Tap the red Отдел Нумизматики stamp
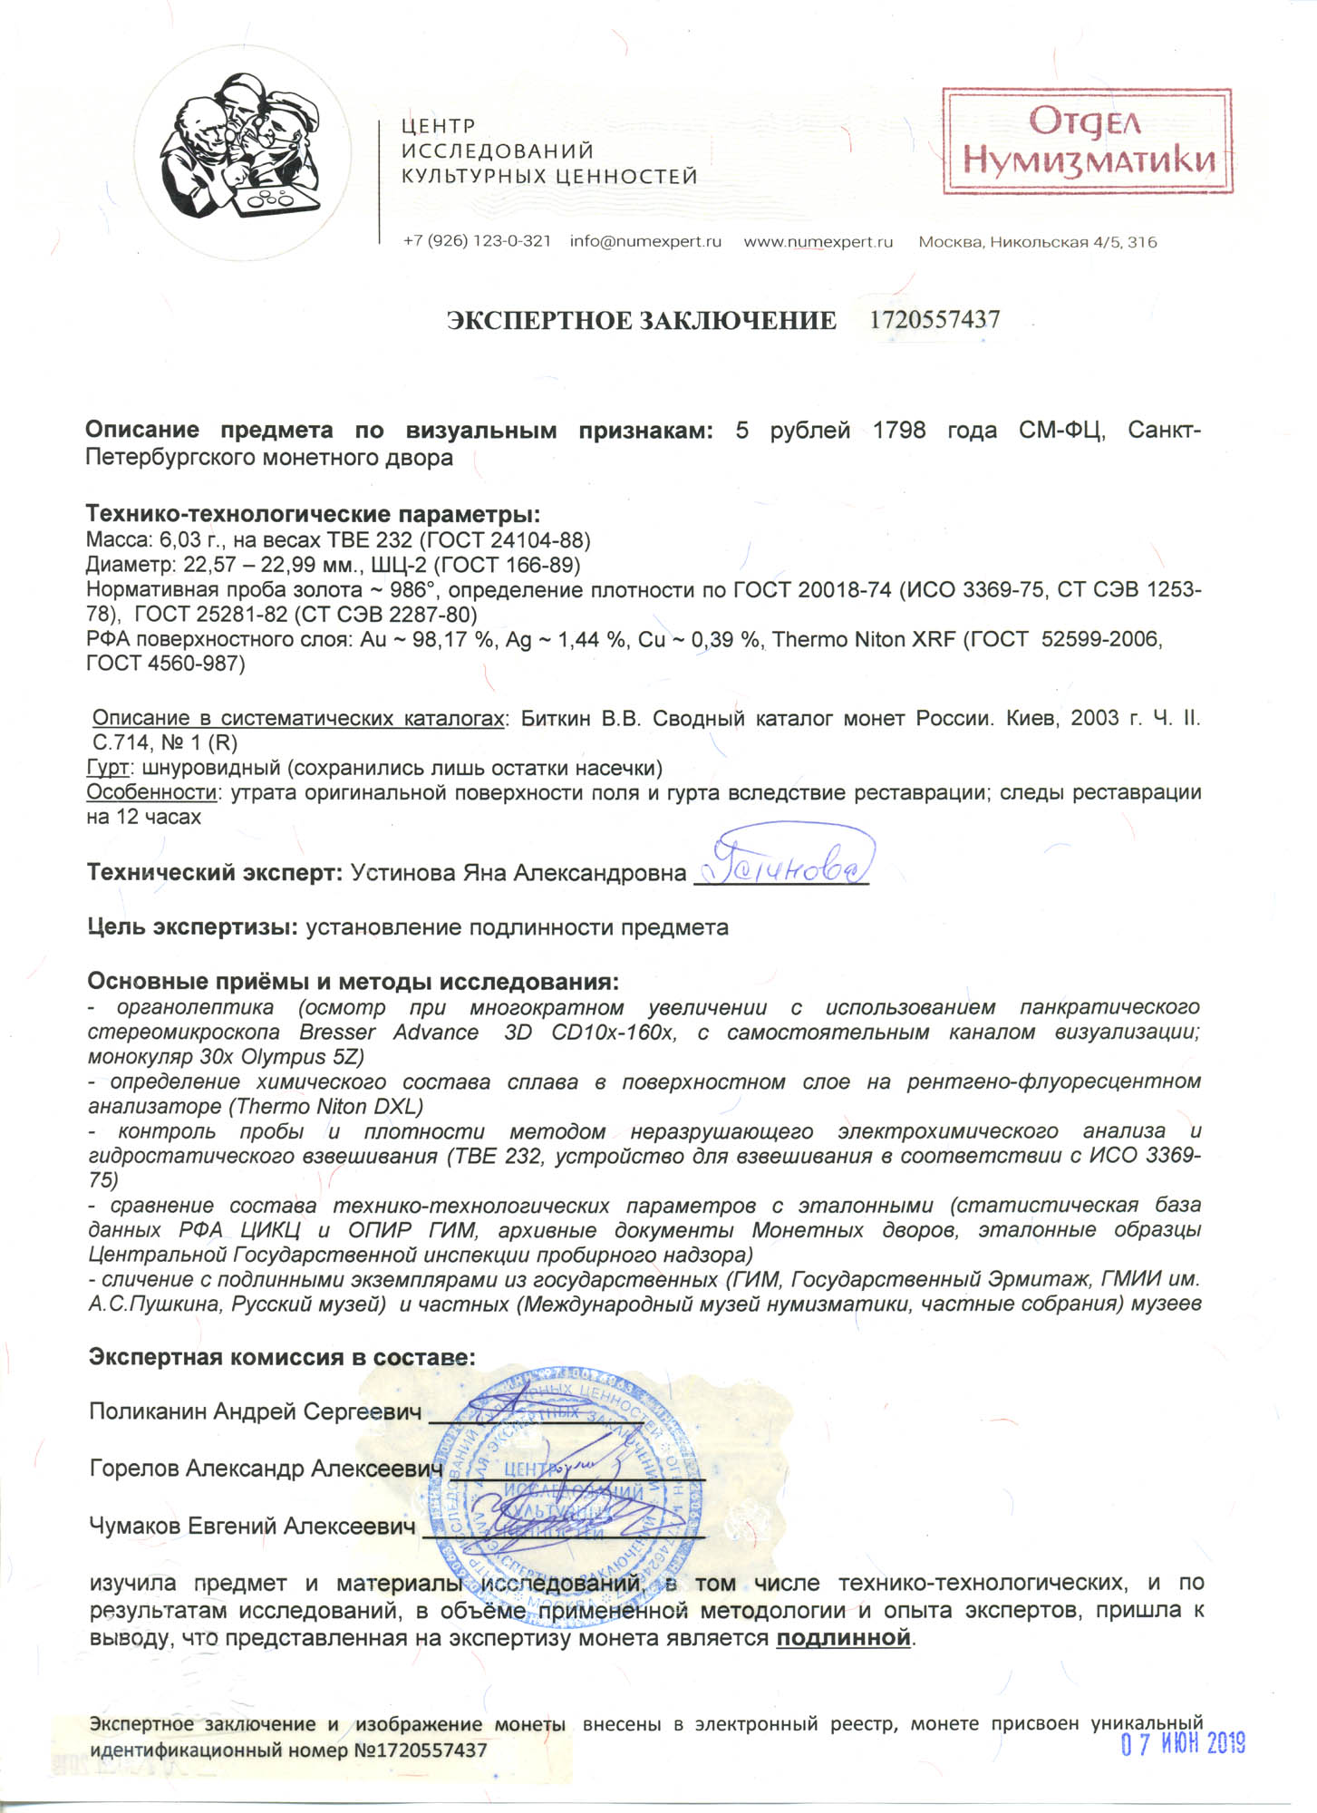pyautogui.click(x=1087, y=141)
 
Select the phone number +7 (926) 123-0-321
pyautogui.click(x=477, y=242)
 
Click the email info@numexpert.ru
pyautogui.click(x=645, y=242)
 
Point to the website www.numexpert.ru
pyautogui.click(x=818, y=242)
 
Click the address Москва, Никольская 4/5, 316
pyautogui.click(x=1037, y=242)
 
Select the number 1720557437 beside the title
pyautogui.click(x=934, y=320)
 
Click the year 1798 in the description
pyautogui.click(x=899, y=431)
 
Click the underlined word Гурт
pyautogui.click(x=107, y=769)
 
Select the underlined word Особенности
pyautogui.click(x=151, y=793)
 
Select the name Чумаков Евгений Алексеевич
pyautogui.click(x=252, y=1526)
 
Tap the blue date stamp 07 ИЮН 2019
pyautogui.click(x=1183, y=1743)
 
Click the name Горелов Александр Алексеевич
pyautogui.click(x=266, y=1469)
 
